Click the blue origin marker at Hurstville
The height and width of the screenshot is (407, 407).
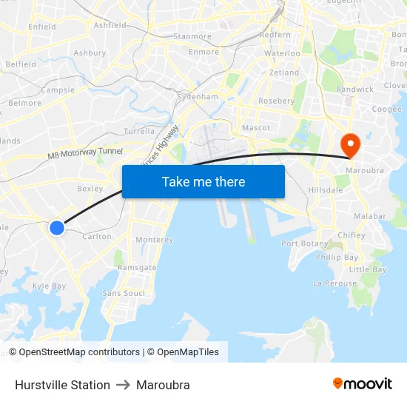tap(57, 227)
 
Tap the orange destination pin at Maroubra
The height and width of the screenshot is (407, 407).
tap(349, 144)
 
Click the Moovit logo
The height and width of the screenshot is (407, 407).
tap(362, 384)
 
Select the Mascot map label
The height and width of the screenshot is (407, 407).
tap(256, 128)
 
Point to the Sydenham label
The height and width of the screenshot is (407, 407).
tap(198, 97)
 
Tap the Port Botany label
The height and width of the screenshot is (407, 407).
tap(304, 243)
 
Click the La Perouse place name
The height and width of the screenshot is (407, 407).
tap(334, 283)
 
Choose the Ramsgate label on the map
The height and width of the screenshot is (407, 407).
tap(137, 268)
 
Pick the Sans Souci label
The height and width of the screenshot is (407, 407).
tap(124, 293)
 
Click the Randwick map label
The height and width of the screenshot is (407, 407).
tap(355, 89)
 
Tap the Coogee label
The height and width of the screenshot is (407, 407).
tap(386, 109)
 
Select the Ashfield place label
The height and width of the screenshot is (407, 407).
tap(110, 25)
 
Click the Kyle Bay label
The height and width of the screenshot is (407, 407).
tap(49, 286)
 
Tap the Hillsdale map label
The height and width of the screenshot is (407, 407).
tap(326, 190)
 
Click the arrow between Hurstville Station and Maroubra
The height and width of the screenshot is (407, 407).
tap(123, 385)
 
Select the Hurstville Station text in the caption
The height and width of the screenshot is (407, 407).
tap(62, 385)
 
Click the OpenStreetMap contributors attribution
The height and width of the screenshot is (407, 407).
tap(74, 352)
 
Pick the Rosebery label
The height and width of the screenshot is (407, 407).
tap(276, 101)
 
